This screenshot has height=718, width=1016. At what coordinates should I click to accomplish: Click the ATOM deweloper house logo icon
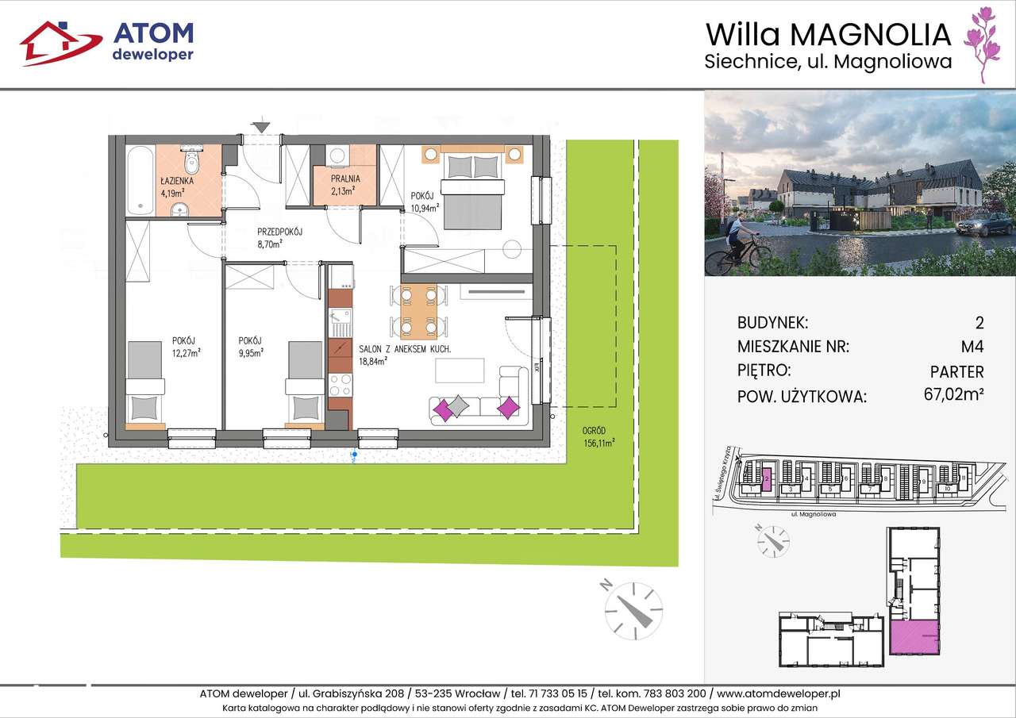(60, 43)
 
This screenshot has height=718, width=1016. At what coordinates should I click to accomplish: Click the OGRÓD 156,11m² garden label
(598, 439)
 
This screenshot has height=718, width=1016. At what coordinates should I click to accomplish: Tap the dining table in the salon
(418, 311)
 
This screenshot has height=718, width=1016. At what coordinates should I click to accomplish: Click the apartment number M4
(972, 347)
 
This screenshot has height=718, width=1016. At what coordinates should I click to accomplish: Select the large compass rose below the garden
(633, 610)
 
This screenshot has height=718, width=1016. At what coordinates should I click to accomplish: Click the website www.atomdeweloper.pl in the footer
(777, 693)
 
